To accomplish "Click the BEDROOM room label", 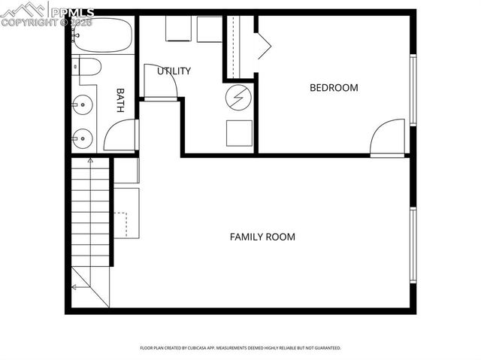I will click(334, 88).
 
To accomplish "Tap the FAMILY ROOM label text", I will click(262, 237).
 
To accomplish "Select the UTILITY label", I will click(174, 71).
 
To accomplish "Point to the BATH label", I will click(120, 101).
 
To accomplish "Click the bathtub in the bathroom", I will click(103, 35).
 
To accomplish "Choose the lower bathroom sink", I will click(84, 138).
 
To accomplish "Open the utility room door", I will click(159, 82).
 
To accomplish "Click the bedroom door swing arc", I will click(388, 137).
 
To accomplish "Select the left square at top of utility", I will click(179, 29).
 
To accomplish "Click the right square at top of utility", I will click(210, 29).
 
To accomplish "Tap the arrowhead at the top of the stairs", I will click(90, 160).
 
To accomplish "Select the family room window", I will click(413, 245).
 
